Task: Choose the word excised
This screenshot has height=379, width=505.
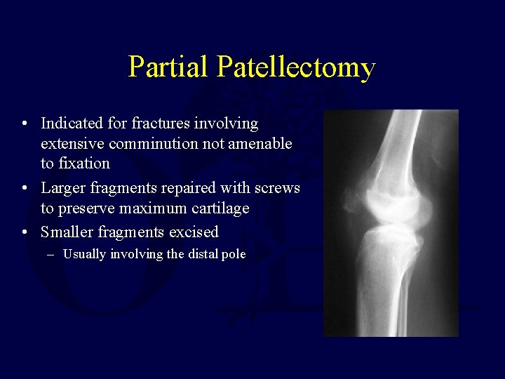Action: coord(194,232)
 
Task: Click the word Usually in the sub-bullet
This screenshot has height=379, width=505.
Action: coord(83,254)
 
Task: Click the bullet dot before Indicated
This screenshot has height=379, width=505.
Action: coord(25,124)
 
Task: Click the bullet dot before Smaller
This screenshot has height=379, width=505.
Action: coord(25,232)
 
